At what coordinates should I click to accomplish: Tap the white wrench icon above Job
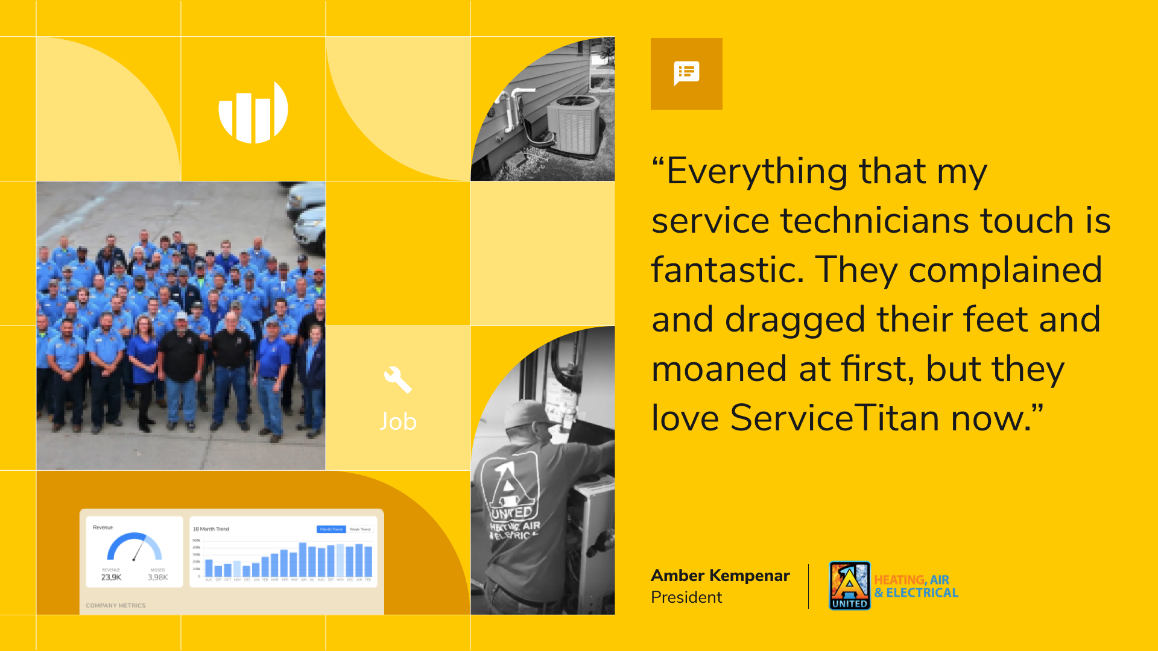(397, 380)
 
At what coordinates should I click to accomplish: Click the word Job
(398, 421)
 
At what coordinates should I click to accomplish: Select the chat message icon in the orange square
(686, 74)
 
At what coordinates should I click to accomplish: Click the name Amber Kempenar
(720, 576)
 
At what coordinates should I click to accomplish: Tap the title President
(686, 597)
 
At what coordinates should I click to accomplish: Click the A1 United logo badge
(849, 585)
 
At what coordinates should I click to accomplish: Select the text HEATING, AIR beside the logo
(911, 580)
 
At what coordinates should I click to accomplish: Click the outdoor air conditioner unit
(573, 124)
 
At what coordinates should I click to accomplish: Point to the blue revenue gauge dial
(134, 546)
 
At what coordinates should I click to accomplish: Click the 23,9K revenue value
(111, 577)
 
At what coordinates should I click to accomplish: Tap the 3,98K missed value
(157, 577)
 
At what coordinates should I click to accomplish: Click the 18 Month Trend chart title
(211, 529)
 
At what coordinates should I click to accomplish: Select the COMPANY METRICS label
(116, 606)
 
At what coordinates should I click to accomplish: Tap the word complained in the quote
(1005, 269)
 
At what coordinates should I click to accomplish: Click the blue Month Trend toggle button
(331, 529)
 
